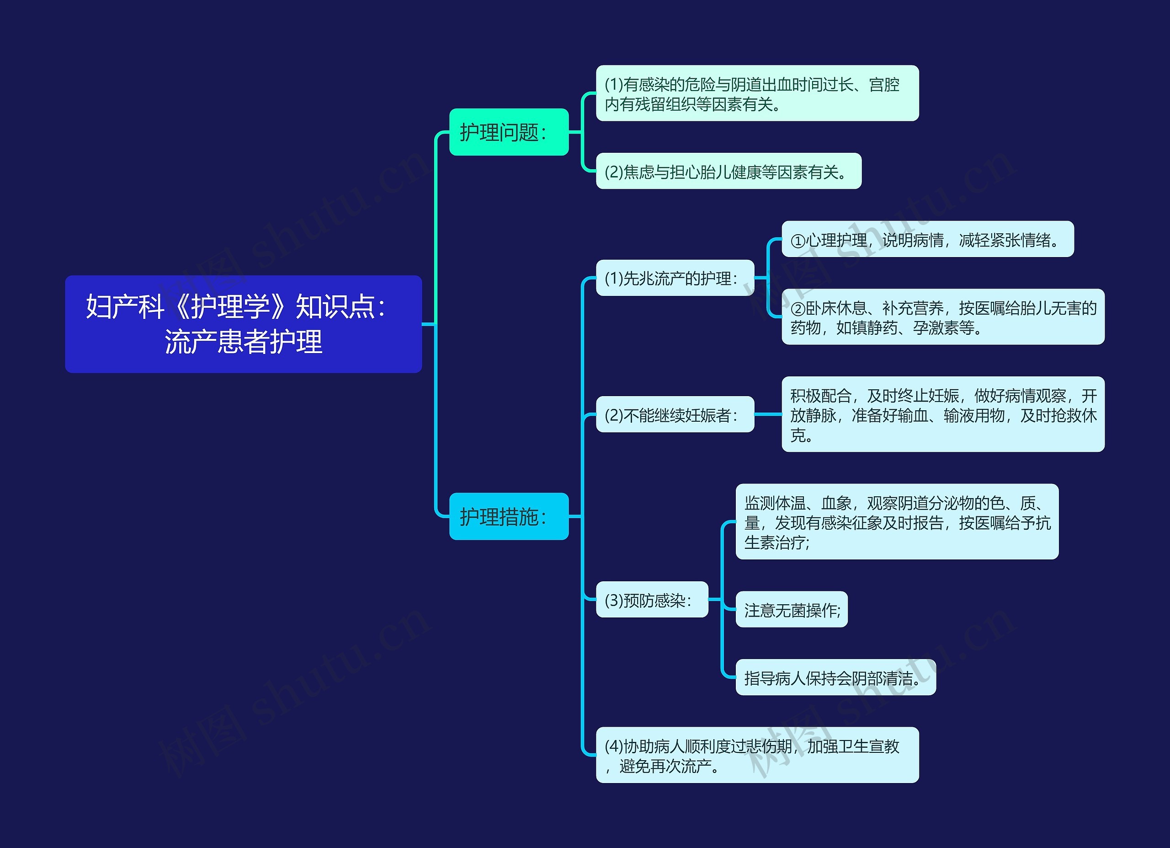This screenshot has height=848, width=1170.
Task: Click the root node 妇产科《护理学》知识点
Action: [243, 324]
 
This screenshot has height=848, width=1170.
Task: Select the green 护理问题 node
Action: [509, 132]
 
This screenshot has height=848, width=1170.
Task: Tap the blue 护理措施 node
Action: [509, 516]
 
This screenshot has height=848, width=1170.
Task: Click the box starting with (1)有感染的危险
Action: [757, 93]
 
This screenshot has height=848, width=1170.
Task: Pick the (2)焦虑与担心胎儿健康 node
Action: [729, 172]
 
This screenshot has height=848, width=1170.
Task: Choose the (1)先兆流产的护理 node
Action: [675, 278]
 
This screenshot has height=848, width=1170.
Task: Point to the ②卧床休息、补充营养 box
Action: [943, 317]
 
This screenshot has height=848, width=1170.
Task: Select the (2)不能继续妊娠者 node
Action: [675, 414]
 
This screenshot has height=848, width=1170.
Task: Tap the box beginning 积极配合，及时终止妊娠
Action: [943, 414]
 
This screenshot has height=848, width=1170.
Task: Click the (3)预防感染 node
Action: [652, 600]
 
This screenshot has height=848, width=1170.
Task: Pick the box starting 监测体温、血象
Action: [897, 522]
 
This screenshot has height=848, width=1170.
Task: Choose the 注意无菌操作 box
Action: [791, 610]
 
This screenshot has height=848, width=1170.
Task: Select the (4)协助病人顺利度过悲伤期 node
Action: [757, 755]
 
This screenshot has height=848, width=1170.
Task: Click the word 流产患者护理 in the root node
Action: [243, 342]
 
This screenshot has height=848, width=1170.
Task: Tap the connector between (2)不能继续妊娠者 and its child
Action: [768, 414]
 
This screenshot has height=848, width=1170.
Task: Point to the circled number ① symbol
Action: [798, 241]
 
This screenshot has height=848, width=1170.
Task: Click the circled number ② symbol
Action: [798, 309]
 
